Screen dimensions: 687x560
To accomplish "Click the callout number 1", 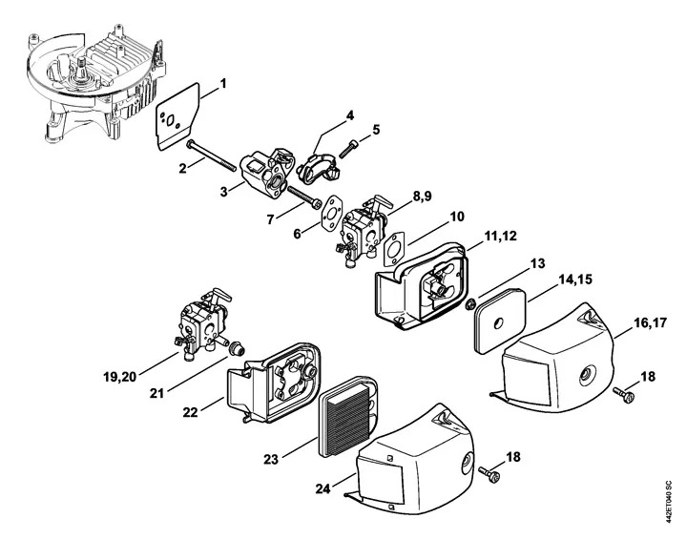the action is click(223, 83).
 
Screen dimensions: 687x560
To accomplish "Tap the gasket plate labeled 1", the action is click(177, 115).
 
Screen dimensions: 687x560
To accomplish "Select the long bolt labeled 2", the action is click(211, 156).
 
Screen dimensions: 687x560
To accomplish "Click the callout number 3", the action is click(224, 192).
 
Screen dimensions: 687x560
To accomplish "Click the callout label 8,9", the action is click(422, 196).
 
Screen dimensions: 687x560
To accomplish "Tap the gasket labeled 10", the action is click(395, 247).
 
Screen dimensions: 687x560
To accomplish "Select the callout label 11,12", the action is click(500, 236).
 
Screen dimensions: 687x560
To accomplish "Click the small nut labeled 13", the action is click(471, 303).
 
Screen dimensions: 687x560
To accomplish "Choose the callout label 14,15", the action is click(574, 280).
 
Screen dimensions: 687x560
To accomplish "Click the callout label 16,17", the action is click(650, 323).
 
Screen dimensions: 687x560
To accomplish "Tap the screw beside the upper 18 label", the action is click(623, 394).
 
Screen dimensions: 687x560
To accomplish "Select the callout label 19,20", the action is click(120, 377).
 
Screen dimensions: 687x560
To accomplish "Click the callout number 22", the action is click(190, 412).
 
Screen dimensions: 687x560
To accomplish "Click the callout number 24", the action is click(323, 488).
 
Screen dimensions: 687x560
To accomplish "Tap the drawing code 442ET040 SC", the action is click(668, 501).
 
